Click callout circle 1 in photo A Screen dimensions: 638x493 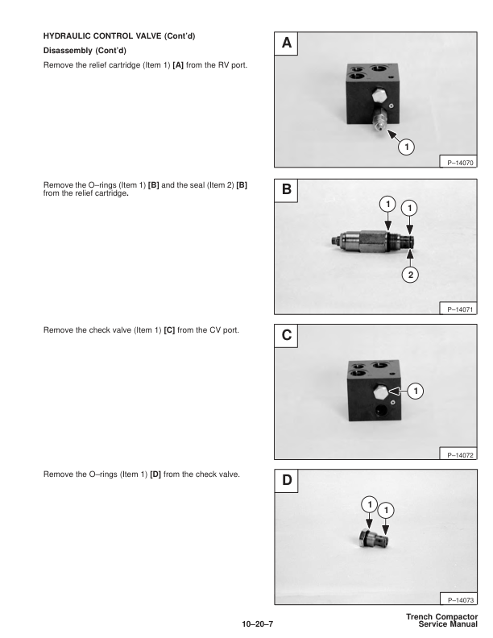[407, 147]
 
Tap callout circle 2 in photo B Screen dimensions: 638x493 [412, 274]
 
